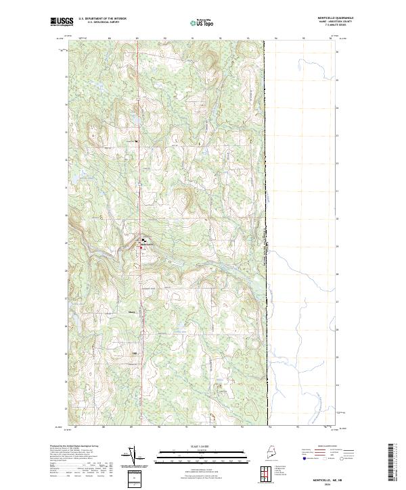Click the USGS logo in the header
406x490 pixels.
pyautogui.click(x=61, y=22)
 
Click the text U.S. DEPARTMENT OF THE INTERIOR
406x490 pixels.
pyautogui.click(x=102, y=20)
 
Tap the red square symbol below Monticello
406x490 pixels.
pyautogui.click(x=141, y=248)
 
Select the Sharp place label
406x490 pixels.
pyautogui.click(x=132, y=312)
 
